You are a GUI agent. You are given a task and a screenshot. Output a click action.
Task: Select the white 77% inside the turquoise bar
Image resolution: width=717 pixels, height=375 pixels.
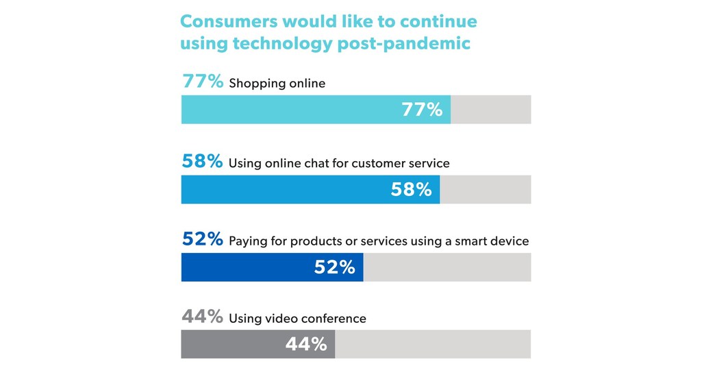(422, 110)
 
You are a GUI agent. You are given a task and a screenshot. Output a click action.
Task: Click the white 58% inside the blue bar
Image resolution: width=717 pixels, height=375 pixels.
(411, 189)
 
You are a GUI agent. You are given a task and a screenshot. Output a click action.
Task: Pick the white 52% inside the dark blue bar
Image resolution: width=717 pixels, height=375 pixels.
(334, 267)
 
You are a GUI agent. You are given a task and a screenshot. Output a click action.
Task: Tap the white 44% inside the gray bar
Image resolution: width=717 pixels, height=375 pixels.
(306, 344)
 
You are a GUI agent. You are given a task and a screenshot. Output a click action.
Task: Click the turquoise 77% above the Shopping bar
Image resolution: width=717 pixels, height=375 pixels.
(203, 82)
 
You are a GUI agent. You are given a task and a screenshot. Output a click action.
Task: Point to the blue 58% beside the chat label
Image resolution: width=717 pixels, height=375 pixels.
(202, 162)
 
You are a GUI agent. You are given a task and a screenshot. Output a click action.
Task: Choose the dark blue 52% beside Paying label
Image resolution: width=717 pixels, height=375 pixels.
(203, 240)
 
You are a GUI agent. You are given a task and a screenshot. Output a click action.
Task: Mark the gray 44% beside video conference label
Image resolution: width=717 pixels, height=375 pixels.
(203, 317)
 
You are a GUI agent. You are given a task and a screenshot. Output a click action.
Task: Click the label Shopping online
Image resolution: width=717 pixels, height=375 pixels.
(277, 84)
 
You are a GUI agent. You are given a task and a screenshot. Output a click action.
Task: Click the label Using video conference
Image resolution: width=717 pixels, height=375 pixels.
(297, 319)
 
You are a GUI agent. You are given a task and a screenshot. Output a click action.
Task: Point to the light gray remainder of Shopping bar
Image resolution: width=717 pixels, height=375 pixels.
(490, 110)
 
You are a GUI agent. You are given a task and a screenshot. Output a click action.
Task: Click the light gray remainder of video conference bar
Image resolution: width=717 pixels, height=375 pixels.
(433, 344)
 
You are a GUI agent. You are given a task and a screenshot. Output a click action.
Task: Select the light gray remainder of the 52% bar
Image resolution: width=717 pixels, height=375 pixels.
(446, 267)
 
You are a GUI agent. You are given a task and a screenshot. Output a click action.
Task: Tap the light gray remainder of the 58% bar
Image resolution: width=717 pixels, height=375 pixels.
(485, 189)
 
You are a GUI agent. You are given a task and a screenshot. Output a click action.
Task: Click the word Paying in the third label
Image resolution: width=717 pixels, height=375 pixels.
(245, 242)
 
